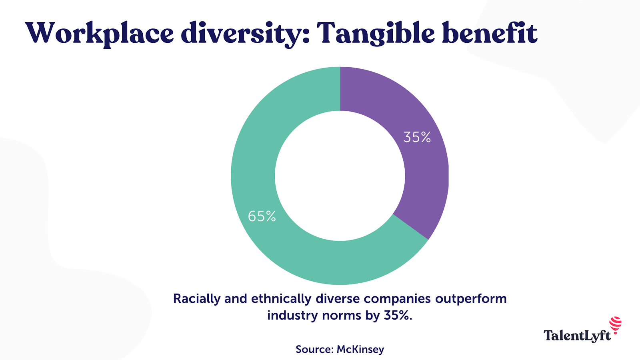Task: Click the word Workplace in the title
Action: click(x=99, y=33)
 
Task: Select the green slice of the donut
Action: click(x=280, y=248)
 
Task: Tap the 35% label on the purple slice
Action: click(x=417, y=137)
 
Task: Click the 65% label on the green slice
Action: click(x=262, y=216)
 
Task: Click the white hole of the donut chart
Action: click(x=340, y=176)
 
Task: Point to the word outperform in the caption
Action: click(x=471, y=299)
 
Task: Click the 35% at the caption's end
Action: click(x=398, y=316)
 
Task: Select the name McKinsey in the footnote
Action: click(x=360, y=349)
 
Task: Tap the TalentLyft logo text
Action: click(x=577, y=335)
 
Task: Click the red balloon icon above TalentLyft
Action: click(x=616, y=324)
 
